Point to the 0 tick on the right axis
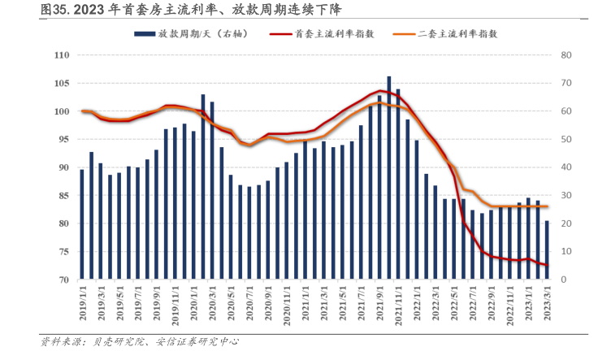click(563, 280)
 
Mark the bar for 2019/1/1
click(82, 224)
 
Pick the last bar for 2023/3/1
click(547, 250)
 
